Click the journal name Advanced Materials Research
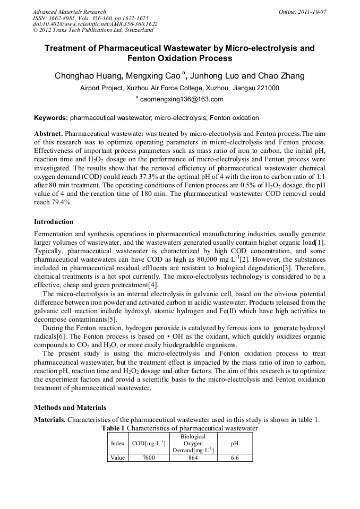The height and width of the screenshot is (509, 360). [70, 12]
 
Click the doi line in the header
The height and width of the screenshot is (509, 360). [95, 24]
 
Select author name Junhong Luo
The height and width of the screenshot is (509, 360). [221, 76]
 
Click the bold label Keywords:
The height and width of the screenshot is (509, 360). [51, 118]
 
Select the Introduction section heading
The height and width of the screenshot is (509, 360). [54, 221]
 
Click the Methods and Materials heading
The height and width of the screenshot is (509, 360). [70, 408]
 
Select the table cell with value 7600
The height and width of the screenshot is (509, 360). [149, 458]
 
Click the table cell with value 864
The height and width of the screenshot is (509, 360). [193, 458]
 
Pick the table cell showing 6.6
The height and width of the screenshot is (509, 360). [235, 458]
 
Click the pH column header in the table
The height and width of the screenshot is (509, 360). [235, 443]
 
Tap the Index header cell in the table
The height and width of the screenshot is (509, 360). [117, 443]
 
